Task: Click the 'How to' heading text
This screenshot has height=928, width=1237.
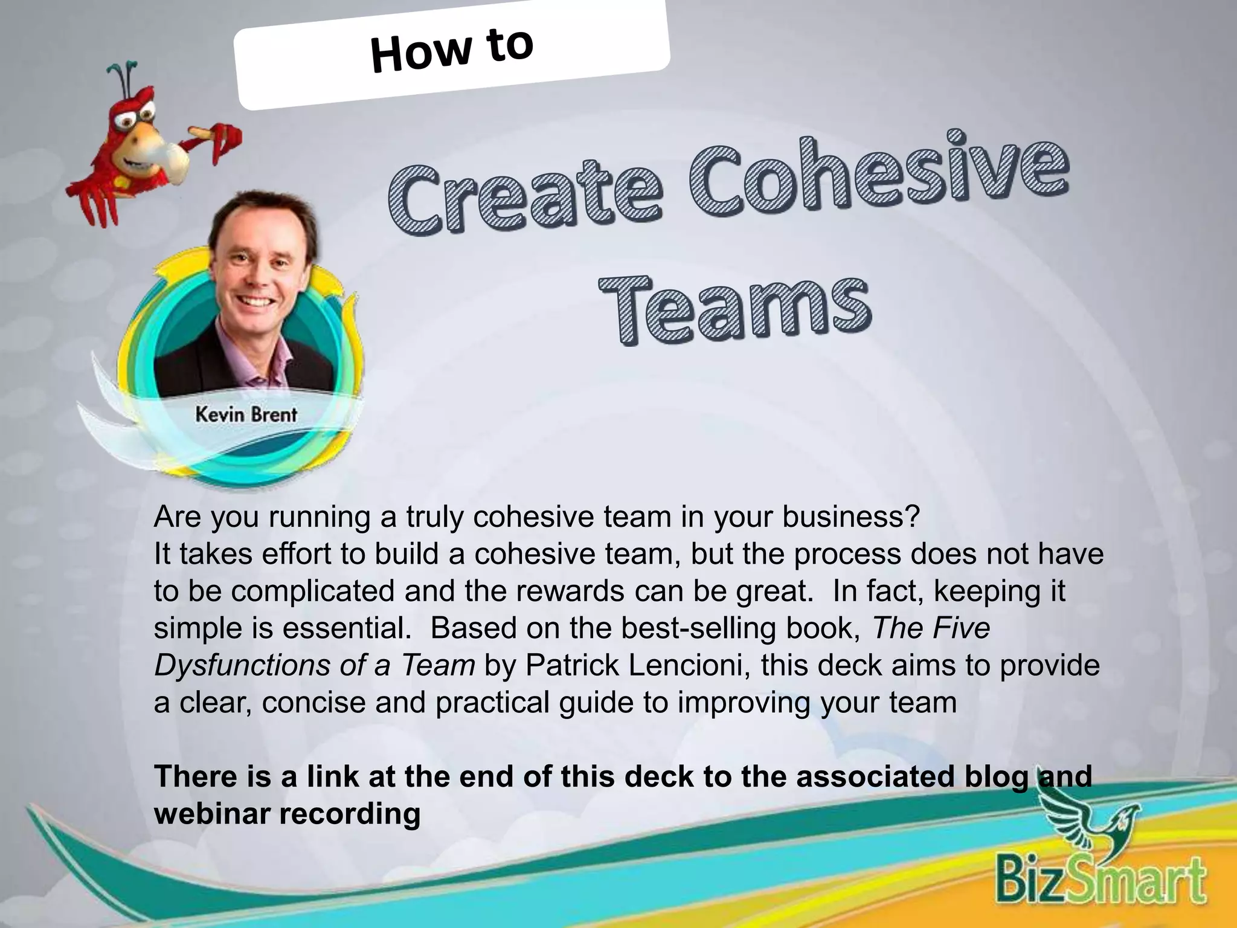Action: click(x=452, y=51)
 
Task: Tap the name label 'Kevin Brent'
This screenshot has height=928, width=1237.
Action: click(x=246, y=414)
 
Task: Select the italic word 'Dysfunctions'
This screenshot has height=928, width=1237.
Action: click(x=242, y=666)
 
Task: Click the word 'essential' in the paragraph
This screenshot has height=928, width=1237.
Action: click(x=347, y=628)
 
